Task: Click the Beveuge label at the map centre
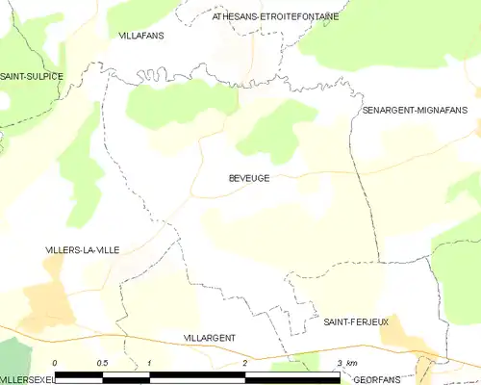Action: pyautogui.click(x=249, y=178)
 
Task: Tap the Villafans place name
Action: pyautogui.click(x=141, y=35)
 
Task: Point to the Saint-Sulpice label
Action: pyautogui.click(x=32, y=76)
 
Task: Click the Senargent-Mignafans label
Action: pyautogui.click(x=415, y=111)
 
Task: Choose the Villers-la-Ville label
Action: pyautogui.click(x=83, y=249)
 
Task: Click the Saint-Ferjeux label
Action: pyautogui.click(x=356, y=321)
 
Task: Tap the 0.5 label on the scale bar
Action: pyautogui.click(x=101, y=363)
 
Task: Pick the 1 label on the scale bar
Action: pyautogui.click(x=150, y=363)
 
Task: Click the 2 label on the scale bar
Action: pyautogui.click(x=245, y=363)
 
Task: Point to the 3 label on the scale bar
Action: pyautogui.click(x=340, y=363)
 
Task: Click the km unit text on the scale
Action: pyautogui.click(x=351, y=363)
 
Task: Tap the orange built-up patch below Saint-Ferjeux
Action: pyautogui.click(x=405, y=341)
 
